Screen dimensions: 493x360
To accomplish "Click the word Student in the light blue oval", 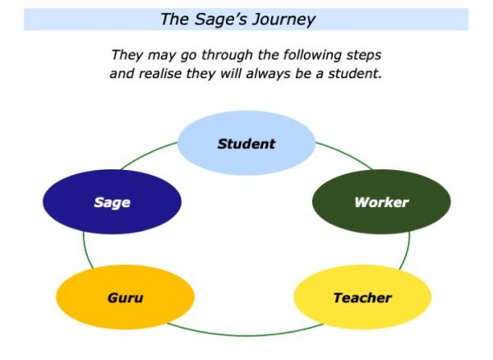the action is [246, 144].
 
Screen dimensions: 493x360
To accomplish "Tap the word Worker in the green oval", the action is [381, 202].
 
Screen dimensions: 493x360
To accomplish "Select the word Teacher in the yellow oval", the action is [362, 298].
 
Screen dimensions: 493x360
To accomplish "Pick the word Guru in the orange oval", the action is [125, 298].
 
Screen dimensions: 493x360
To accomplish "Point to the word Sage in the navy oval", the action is [112, 203].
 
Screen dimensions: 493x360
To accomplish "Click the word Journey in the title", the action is [283, 20].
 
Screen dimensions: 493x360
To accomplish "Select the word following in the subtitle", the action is [313, 55].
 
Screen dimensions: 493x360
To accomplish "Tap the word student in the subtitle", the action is [355, 74].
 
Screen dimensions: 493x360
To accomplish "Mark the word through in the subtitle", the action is [227, 55].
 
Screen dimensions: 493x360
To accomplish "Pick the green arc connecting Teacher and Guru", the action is [245, 335].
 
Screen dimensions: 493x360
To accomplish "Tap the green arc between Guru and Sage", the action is [86, 251].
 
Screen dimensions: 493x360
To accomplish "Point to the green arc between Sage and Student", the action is [147, 154].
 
